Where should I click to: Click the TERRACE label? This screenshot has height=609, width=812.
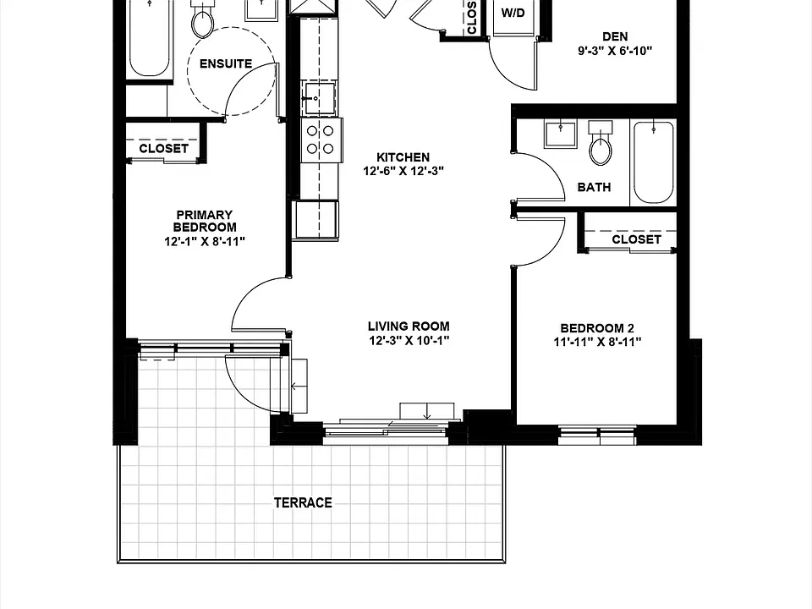tap(303, 502)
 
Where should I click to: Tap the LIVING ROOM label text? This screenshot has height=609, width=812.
tap(409, 326)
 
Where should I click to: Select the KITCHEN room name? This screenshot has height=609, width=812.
tap(403, 157)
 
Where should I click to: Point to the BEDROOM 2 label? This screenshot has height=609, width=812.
tap(597, 328)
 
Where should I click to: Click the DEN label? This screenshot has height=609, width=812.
tap(615, 36)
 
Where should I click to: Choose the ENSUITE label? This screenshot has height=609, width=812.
tap(226, 63)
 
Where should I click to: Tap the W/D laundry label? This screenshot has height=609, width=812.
tap(513, 13)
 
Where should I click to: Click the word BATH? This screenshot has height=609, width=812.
tap(594, 187)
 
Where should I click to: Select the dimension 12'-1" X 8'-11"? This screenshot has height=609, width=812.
tap(205, 241)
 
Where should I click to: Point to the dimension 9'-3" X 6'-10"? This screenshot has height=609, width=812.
tap(615, 51)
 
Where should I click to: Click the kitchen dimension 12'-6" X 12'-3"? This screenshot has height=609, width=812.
tap(403, 171)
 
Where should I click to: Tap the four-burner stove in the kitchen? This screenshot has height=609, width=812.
tap(321, 140)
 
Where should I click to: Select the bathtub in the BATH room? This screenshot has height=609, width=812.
tap(654, 162)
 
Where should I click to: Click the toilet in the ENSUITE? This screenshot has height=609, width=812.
tap(203, 18)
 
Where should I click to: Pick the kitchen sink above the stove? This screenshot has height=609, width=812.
tap(319, 98)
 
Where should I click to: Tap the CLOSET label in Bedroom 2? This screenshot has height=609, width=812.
tap(636, 239)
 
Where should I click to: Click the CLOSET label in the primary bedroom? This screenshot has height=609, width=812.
tap(163, 148)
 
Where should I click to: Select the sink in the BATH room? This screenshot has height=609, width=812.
tap(560, 134)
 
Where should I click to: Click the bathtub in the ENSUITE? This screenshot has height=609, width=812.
tap(149, 38)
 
